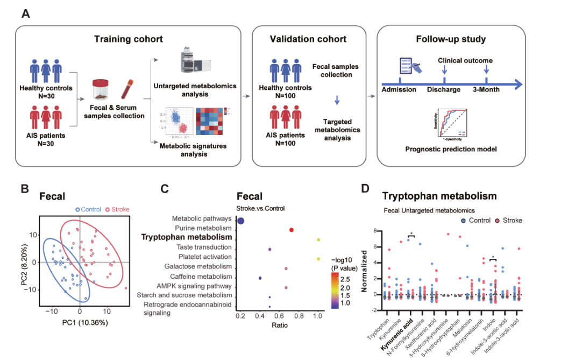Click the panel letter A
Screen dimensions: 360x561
pos(25,13)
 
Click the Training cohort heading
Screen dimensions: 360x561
pos(128,39)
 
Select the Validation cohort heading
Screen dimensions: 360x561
pos(308,39)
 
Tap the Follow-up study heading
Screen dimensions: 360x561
pos(450,39)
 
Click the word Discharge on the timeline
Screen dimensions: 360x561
pos(443,89)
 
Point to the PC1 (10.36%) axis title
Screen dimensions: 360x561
pos(80,323)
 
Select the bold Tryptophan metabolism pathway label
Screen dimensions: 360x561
pos(187,237)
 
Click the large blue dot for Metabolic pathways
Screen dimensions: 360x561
pos(241,221)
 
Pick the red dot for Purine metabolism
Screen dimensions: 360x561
pos(292,230)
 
